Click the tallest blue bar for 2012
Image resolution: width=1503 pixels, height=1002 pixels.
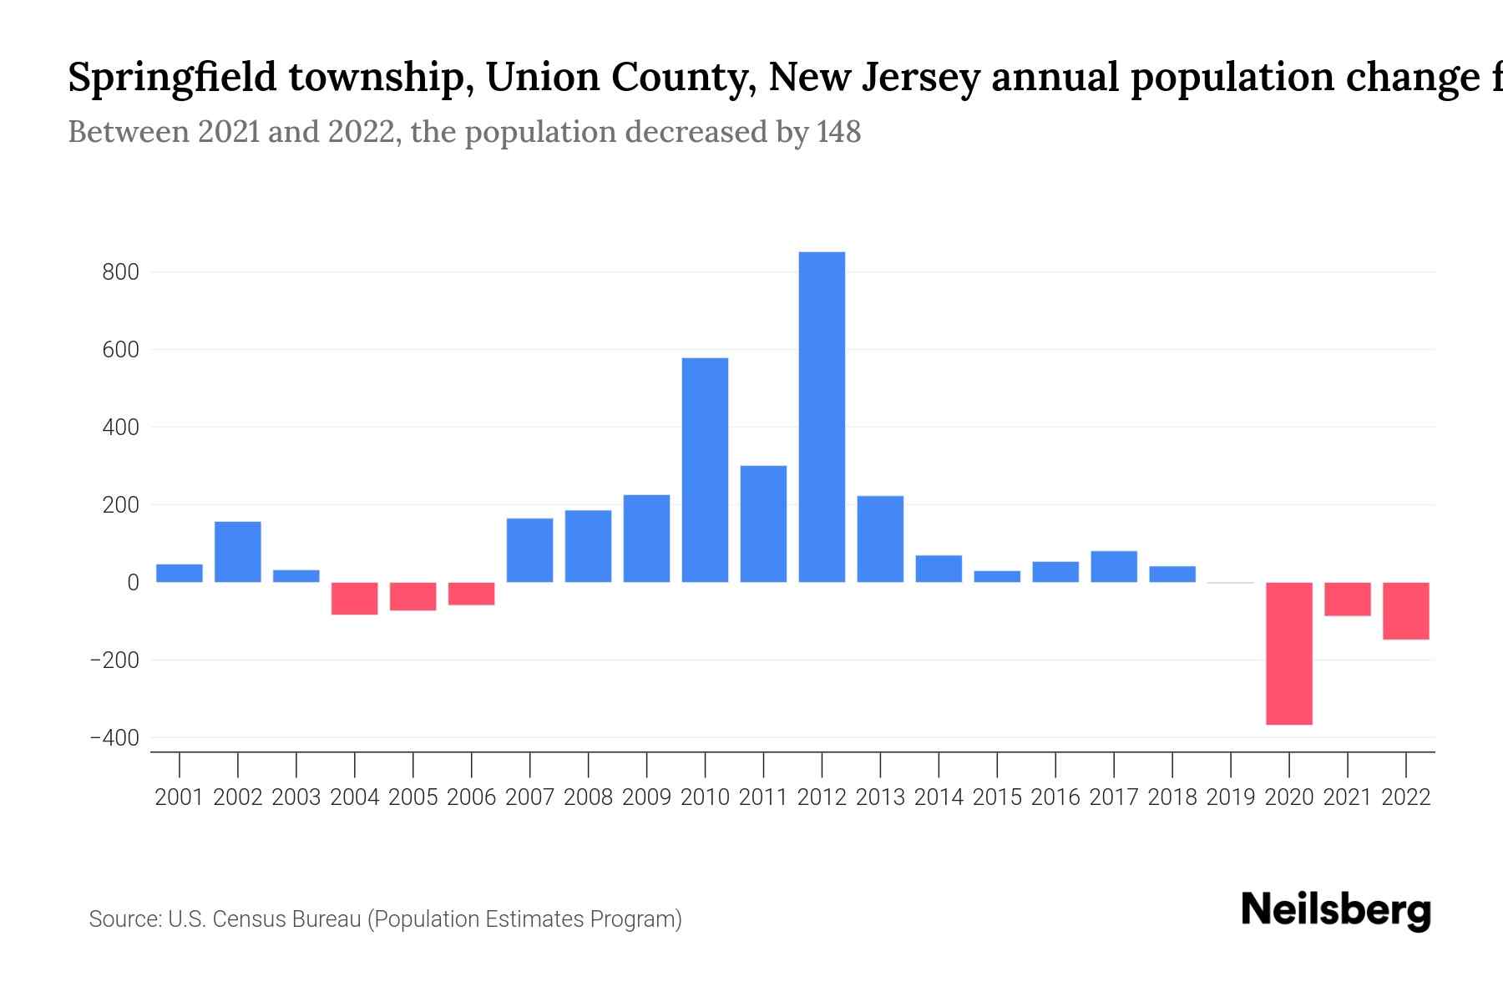coord(822,417)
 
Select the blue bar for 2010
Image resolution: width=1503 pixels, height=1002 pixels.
coord(705,470)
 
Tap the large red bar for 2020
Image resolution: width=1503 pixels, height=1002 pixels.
coord(1288,653)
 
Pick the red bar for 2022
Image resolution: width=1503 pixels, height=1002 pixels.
coord(1405,611)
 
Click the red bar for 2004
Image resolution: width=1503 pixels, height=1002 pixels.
coord(354,599)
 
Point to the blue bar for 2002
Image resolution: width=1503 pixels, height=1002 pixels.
coord(238,552)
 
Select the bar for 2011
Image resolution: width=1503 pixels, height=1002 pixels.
coord(763,524)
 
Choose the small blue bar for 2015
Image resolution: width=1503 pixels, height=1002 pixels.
coord(997,577)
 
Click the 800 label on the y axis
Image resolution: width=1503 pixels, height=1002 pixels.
coord(121,272)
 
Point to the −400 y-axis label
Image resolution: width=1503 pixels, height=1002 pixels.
coord(114,738)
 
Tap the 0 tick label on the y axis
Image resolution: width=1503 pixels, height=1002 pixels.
coord(133,583)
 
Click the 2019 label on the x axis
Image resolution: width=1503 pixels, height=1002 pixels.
coord(1230,797)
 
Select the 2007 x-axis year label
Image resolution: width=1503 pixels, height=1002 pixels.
coord(529,797)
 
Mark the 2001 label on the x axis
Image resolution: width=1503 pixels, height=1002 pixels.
coord(180,797)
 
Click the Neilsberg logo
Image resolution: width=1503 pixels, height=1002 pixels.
coord(1336,910)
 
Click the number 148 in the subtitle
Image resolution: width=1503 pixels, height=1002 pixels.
coord(838,132)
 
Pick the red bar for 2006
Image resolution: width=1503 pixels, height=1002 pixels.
coord(471,594)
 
